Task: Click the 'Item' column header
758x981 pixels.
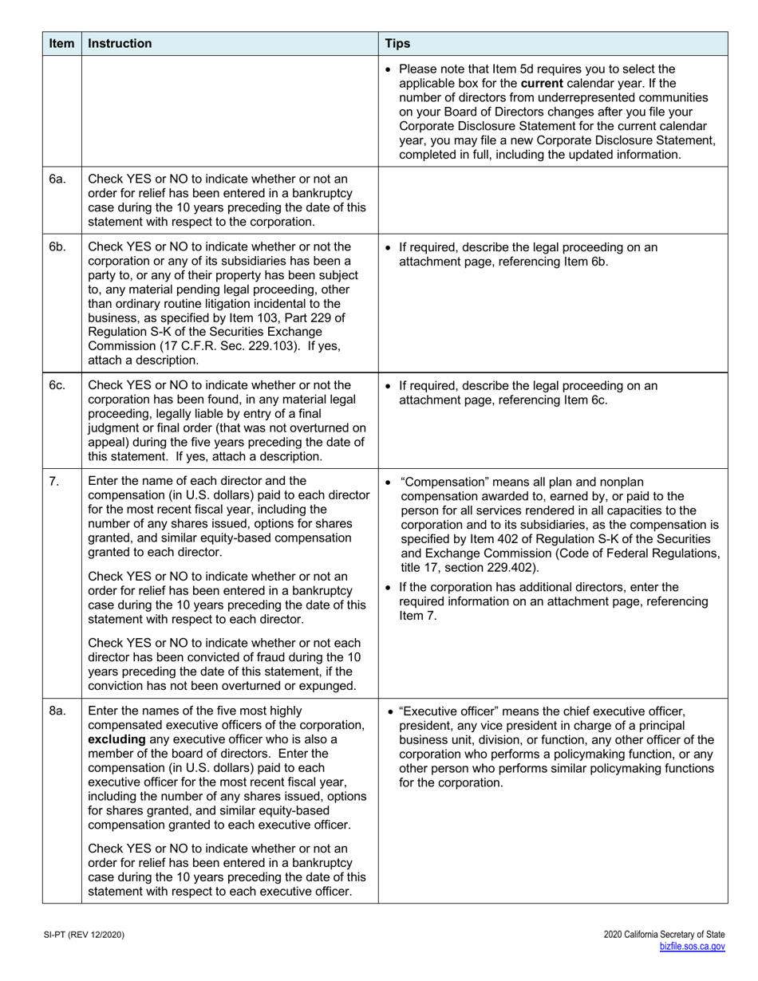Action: (x=61, y=44)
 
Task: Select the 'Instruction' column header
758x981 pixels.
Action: (x=120, y=44)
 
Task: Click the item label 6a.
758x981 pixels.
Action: (x=57, y=179)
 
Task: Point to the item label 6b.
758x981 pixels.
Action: (x=57, y=247)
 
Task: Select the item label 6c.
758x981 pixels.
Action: (x=57, y=386)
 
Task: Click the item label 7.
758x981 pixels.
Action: (x=54, y=482)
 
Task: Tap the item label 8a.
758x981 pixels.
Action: (x=57, y=711)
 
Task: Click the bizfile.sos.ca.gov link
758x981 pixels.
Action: (x=692, y=947)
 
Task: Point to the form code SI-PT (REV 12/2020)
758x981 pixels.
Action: (x=85, y=935)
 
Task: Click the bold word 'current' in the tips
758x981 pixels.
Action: (x=542, y=83)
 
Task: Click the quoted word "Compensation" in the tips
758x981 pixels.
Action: (x=438, y=482)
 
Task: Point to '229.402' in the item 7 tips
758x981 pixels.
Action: (x=511, y=568)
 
